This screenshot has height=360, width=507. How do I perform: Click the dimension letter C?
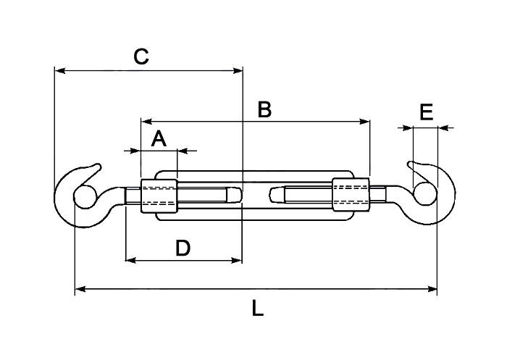click(x=142, y=56)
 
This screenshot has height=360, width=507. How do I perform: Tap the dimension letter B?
click(x=264, y=109)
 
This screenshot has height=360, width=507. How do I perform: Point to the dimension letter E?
click(x=426, y=112)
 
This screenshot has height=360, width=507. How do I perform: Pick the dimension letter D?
click(x=183, y=248)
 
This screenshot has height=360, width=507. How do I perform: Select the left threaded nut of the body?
click(x=158, y=196)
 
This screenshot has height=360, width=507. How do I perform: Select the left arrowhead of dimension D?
click(x=130, y=259)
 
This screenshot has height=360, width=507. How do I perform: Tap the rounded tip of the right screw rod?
click(x=273, y=195)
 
